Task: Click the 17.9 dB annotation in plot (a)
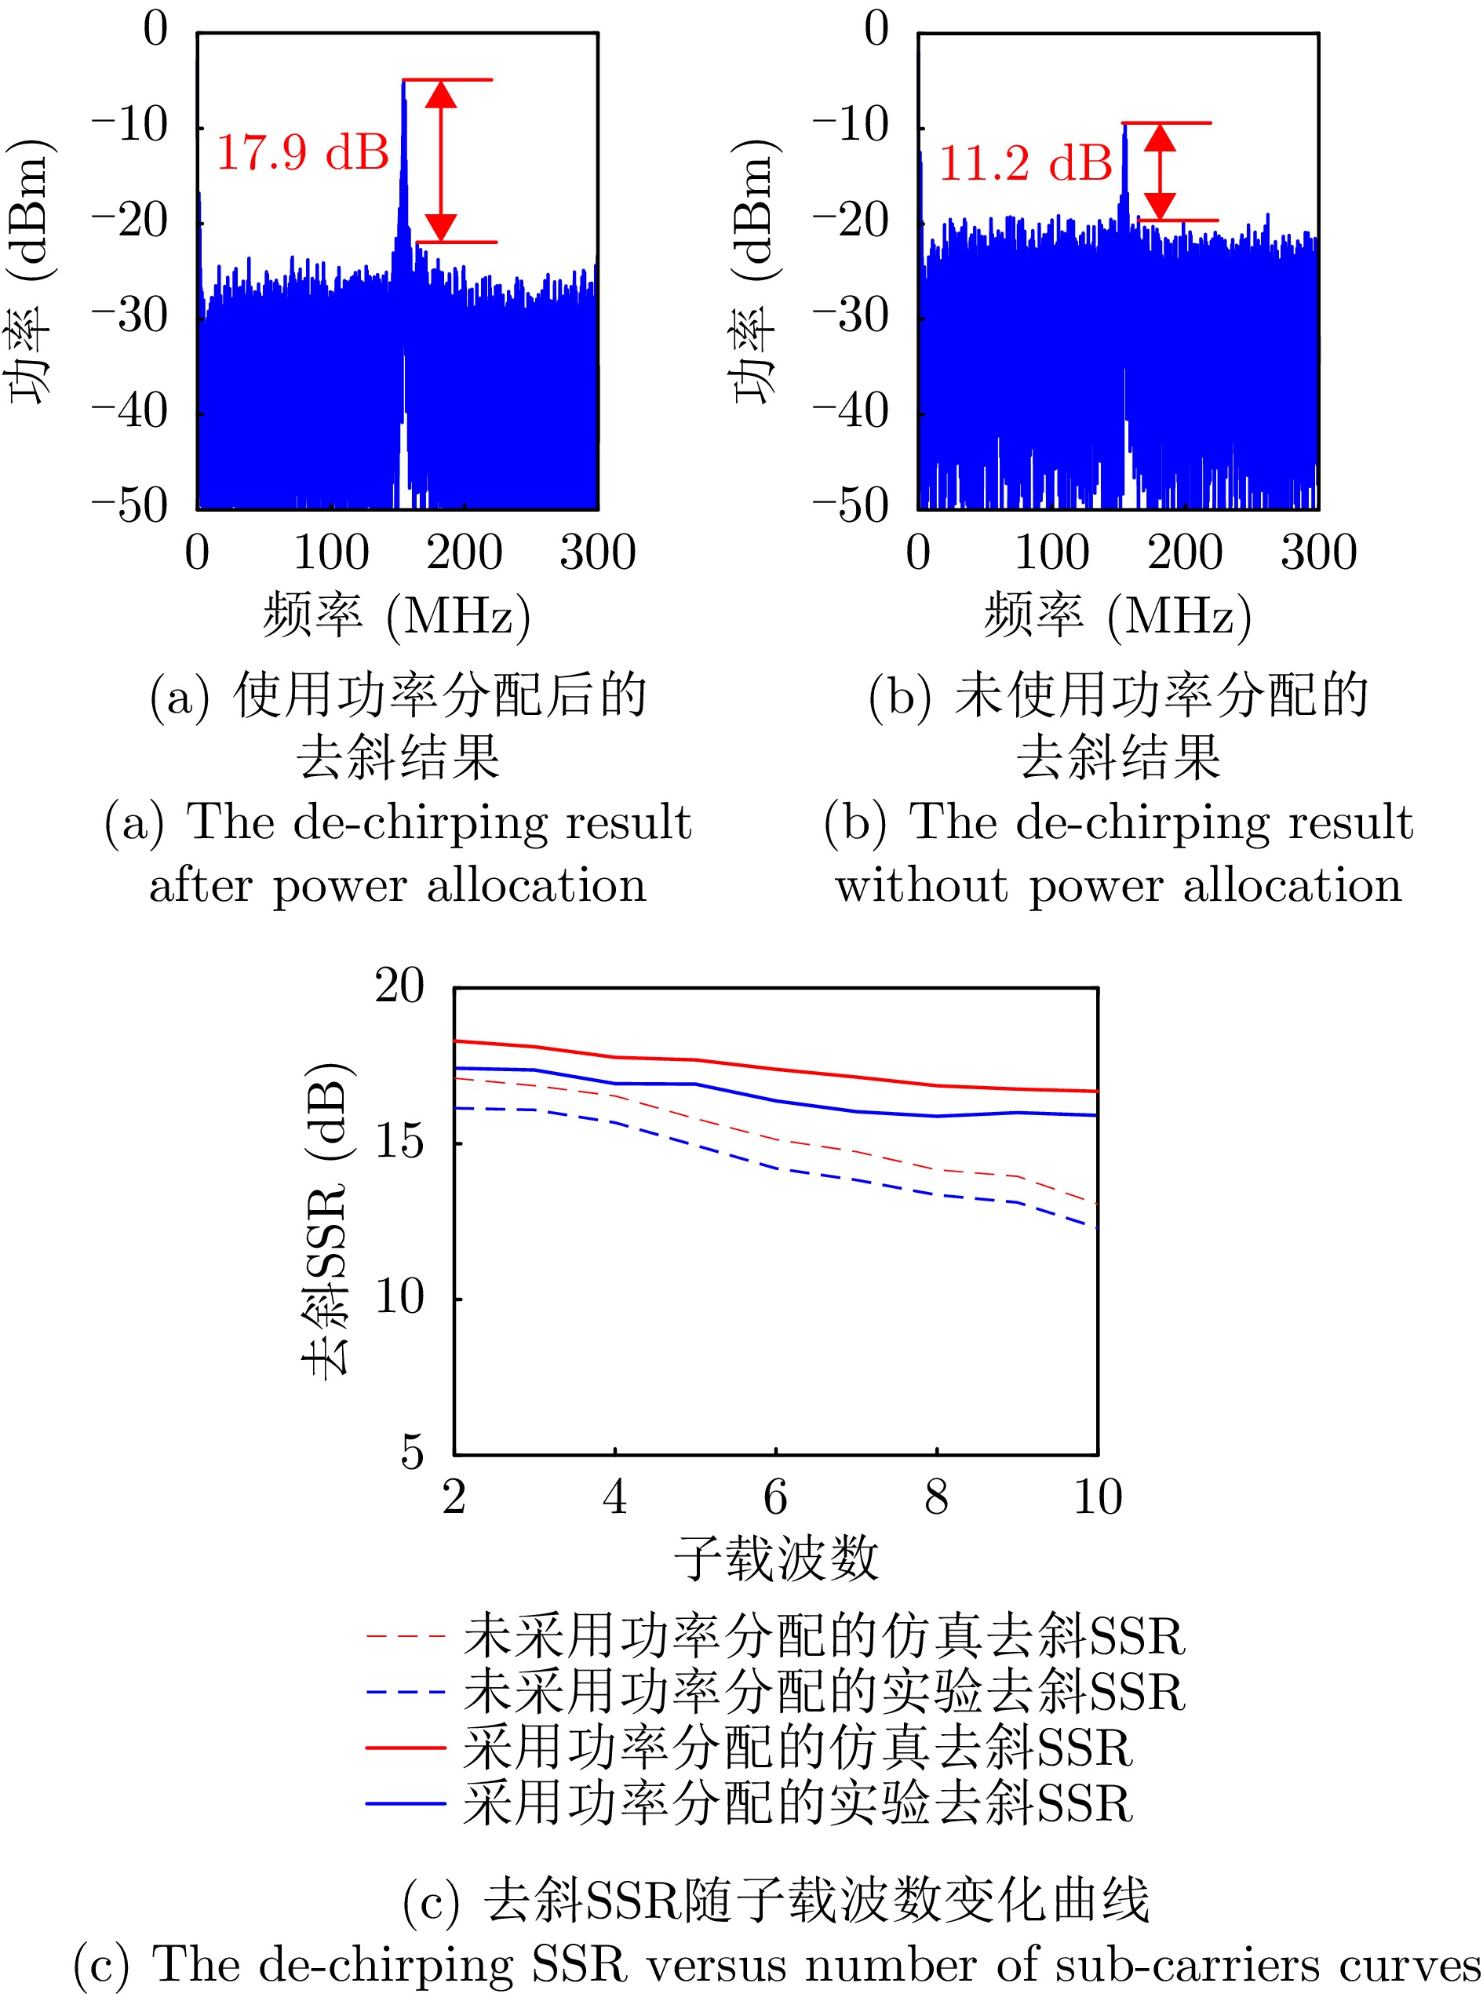(303, 151)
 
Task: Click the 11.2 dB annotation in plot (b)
(1026, 163)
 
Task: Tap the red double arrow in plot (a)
(441, 161)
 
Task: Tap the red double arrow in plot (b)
(1160, 172)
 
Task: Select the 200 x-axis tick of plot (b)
(1185, 552)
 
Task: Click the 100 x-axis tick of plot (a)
(331, 552)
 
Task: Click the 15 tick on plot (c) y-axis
(399, 1142)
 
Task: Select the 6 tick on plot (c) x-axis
(775, 1496)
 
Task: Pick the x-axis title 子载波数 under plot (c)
(777, 1558)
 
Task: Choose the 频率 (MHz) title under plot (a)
(397, 617)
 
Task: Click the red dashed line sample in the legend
(406, 1636)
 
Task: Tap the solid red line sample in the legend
(406, 1747)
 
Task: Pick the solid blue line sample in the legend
(406, 1803)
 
